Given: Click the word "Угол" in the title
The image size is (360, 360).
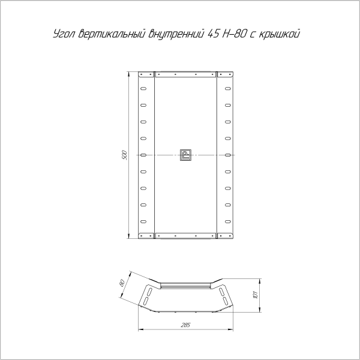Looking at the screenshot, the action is tap(64, 34).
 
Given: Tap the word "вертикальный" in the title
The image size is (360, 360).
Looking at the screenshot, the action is tap(112, 34).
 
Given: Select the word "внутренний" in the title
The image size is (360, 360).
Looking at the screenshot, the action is tap(176, 34).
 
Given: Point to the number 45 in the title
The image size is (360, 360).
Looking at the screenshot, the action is tap(213, 34).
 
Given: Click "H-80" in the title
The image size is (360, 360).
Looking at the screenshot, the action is tap(235, 34).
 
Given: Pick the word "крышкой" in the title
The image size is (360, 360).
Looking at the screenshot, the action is tap(279, 34).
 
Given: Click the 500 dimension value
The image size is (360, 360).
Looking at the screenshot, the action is tap(124, 155).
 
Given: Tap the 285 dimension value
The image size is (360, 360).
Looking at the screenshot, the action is tap(185, 325).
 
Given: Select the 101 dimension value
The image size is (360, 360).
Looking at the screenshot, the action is tap(255, 295).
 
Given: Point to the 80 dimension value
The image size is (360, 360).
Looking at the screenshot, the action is tap(122, 283).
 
